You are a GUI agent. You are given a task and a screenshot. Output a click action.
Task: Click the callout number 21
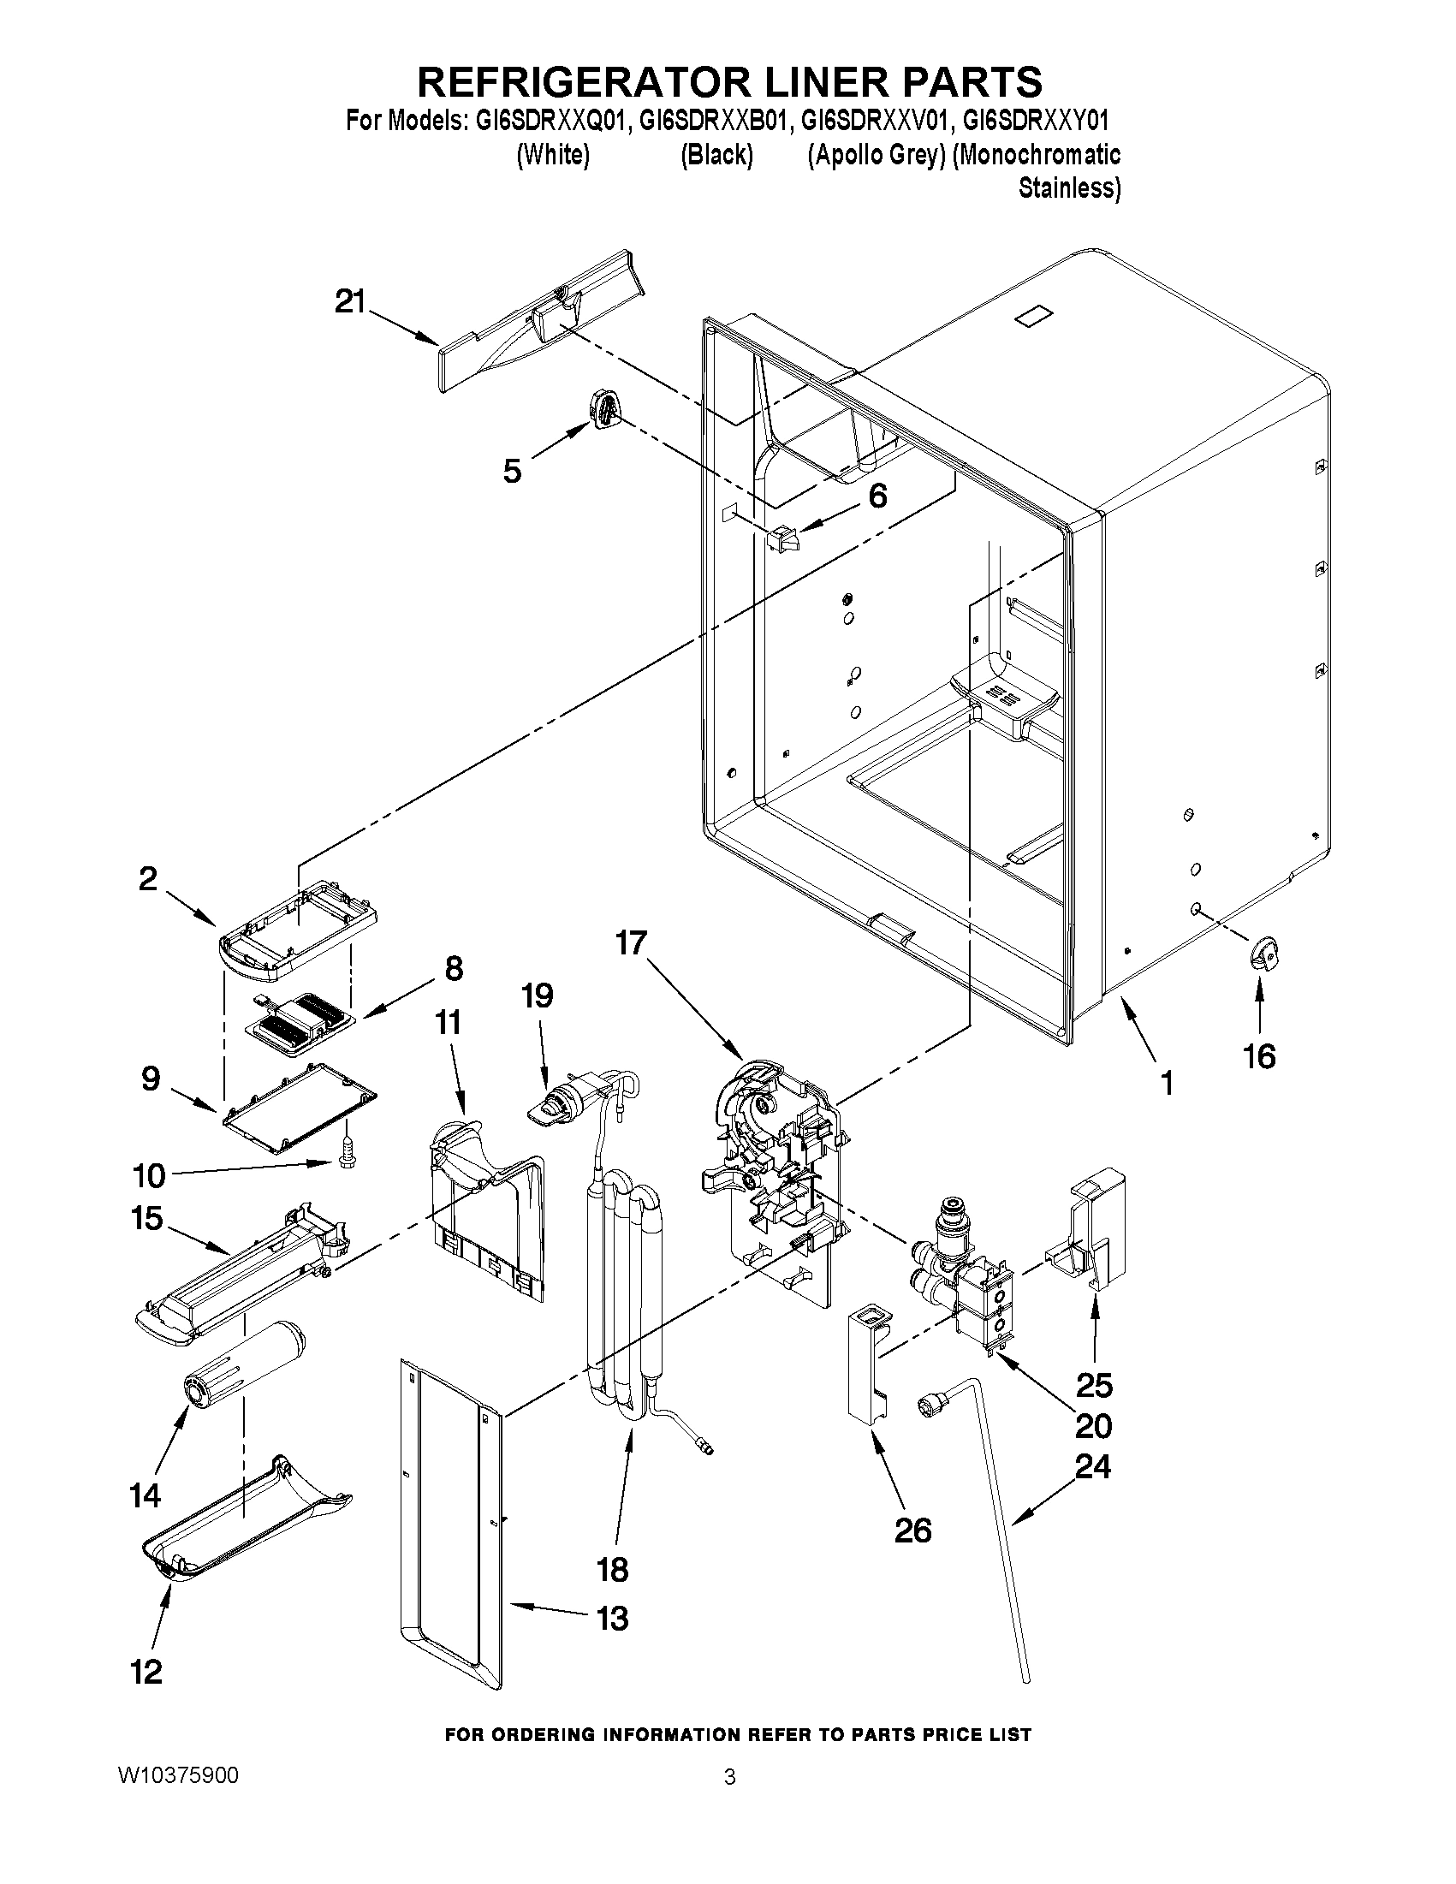pyautogui.click(x=350, y=302)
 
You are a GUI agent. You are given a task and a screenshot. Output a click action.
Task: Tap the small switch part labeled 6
pyautogui.click(x=781, y=539)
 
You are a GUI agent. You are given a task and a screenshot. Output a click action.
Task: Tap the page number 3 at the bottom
pyautogui.click(x=730, y=1777)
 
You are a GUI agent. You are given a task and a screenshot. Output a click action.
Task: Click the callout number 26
pyautogui.click(x=912, y=1530)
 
